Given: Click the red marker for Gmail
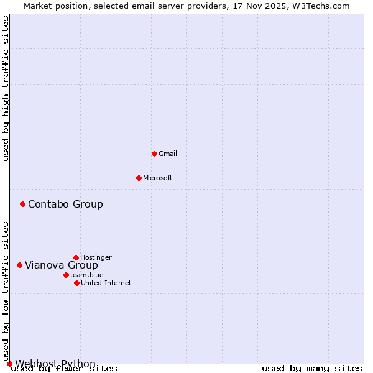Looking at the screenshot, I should pos(154,154).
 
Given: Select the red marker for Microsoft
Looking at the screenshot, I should pos(139,178).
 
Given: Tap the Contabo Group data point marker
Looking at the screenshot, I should pos(22,204).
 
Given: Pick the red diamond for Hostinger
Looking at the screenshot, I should pos(76,257).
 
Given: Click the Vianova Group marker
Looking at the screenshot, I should pos(19,265).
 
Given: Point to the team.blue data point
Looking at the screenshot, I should pos(66,275).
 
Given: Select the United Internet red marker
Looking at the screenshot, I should pos(76,283).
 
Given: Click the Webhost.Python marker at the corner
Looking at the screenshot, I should pos(9,364).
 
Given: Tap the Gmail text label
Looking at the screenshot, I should pos(168,154).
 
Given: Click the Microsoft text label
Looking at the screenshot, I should pos(158,178).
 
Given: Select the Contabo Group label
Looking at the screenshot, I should pos(65,204).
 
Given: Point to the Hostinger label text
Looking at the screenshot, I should pos(96,257).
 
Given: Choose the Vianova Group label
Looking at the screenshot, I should pos(62,265).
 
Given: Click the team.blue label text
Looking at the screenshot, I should pos(87,275).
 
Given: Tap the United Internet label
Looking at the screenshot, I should pos(106,283).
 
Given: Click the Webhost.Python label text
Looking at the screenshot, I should pos(55,364).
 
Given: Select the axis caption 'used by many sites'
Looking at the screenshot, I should pos(312,369).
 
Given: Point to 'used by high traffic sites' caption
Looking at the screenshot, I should pos(6,88).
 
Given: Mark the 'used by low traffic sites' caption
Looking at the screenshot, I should pos(6,291).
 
